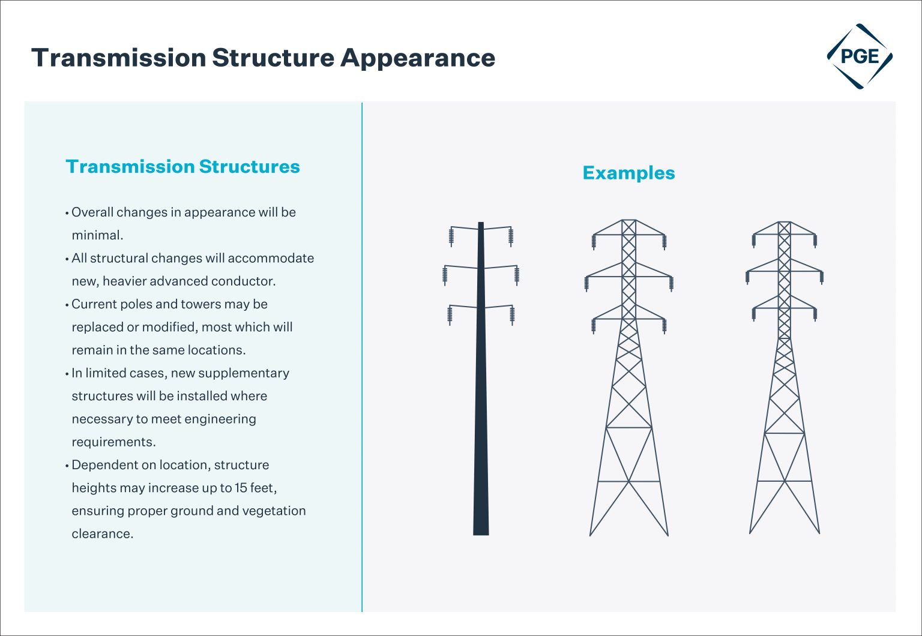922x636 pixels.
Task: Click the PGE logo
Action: click(860, 57)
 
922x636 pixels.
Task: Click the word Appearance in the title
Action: click(418, 58)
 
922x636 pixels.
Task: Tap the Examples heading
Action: click(628, 173)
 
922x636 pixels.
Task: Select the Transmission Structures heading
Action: click(182, 166)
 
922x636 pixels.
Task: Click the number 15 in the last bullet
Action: click(240, 488)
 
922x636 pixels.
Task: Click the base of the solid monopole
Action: click(481, 531)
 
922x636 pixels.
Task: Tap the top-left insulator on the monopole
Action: click(451, 237)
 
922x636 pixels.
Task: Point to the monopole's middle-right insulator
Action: click(517, 275)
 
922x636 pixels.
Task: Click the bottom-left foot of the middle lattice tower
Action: click(591, 534)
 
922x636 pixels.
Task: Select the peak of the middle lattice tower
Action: click(628, 221)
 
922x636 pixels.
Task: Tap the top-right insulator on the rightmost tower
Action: click(815, 241)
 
